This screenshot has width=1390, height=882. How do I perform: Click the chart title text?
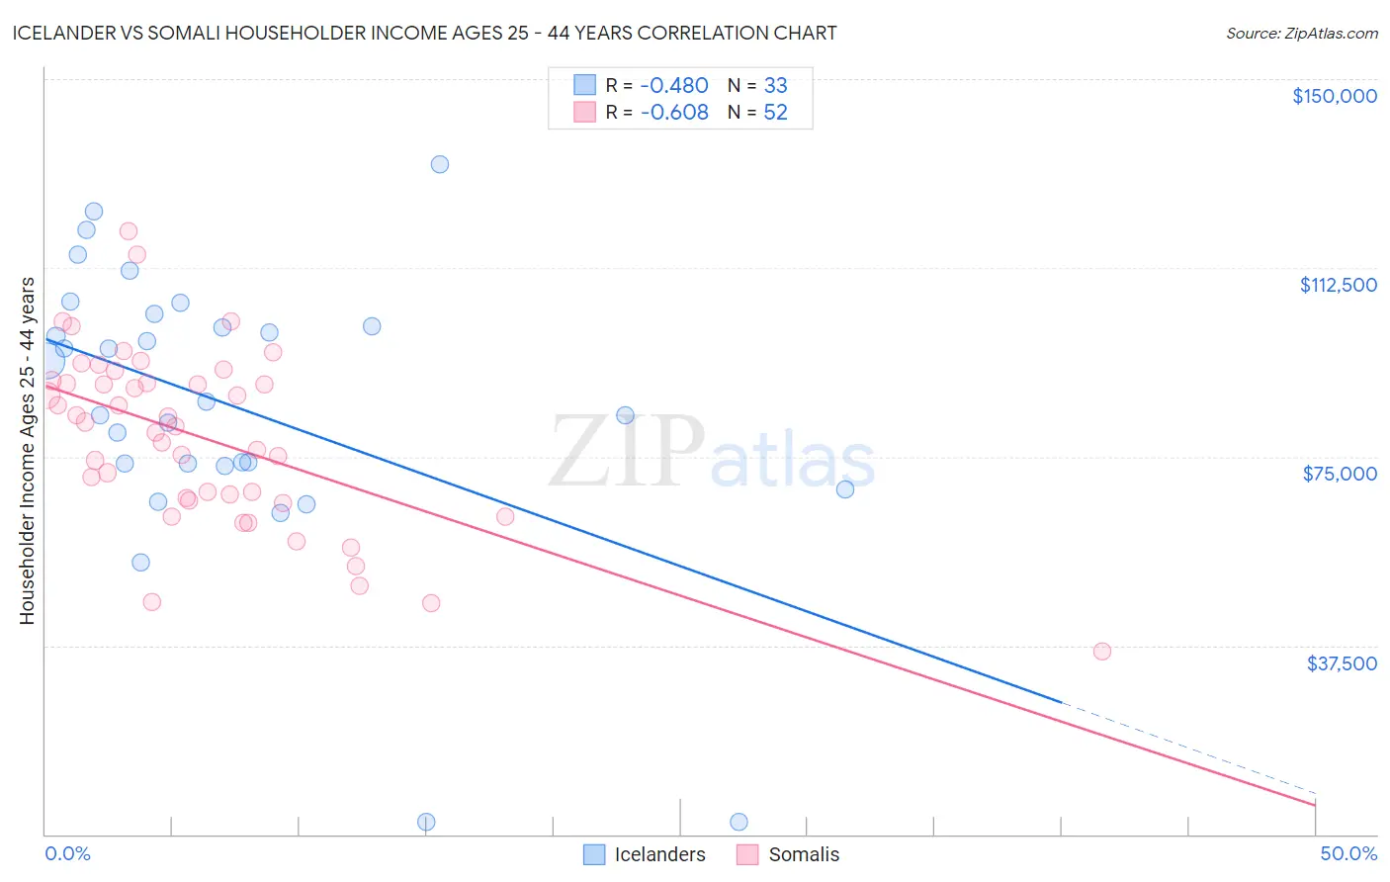click(424, 34)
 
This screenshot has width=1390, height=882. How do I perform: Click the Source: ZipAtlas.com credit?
click(1301, 34)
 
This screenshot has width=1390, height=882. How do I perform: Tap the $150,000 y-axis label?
click(1334, 96)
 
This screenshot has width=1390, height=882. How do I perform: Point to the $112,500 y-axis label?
click(1338, 285)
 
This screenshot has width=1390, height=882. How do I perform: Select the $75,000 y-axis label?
click(1340, 474)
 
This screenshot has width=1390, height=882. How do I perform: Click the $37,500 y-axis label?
click(1342, 663)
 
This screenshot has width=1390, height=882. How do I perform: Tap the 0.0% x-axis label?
click(67, 853)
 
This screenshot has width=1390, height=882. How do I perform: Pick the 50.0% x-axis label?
click(1348, 853)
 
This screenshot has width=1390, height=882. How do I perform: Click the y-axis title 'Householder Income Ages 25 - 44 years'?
click(28, 451)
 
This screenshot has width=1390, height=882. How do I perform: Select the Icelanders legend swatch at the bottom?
click(594, 854)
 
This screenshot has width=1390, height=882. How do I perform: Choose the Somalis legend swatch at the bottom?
click(747, 854)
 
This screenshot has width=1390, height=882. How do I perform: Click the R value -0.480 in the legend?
click(674, 86)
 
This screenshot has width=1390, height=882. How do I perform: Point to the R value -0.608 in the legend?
click(674, 113)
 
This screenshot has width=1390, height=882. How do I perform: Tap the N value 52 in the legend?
click(775, 113)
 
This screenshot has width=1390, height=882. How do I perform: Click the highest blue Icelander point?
click(440, 164)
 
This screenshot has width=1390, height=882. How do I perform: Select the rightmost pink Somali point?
click(1102, 651)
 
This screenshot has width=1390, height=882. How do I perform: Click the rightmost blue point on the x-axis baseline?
click(738, 822)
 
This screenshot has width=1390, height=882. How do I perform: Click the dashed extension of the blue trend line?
click(1186, 749)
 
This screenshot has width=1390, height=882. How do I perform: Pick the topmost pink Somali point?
click(129, 231)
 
